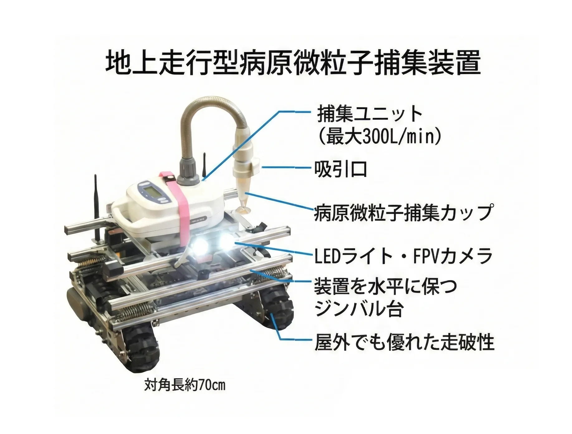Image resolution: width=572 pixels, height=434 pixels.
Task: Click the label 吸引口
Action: pos(340,170)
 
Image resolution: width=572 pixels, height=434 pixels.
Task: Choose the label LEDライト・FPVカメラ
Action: pos(403,256)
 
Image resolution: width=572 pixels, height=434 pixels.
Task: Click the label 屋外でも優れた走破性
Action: pos(404,342)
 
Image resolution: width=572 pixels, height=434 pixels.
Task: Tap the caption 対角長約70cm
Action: pos(185,385)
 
